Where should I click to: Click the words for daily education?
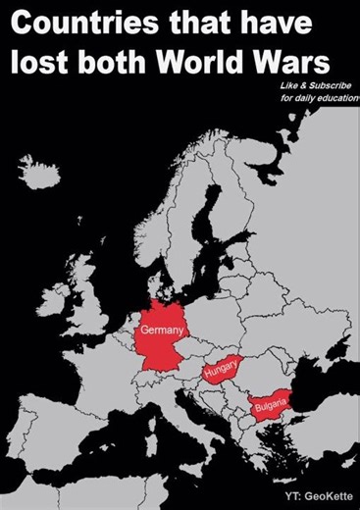pyautogui.click(x=314, y=101)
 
